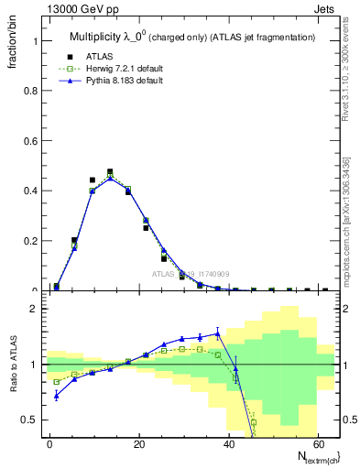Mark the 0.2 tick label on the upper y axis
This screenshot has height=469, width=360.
click(x=32, y=241)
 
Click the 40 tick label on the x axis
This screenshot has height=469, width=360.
click(x=227, y=443)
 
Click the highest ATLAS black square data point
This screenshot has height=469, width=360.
click(x=110, y=171)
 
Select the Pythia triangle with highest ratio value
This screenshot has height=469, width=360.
click(x=217, y=333)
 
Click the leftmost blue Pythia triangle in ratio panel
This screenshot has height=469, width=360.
click(x=57, y=396)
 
